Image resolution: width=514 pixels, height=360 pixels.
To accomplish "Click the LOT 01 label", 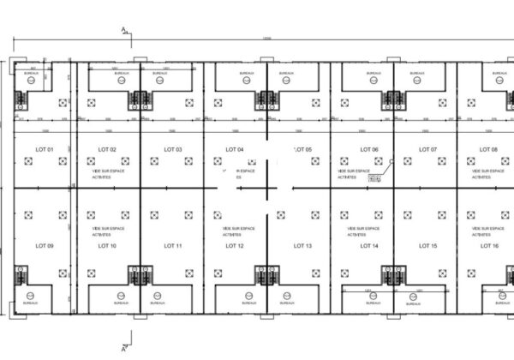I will (45, 150).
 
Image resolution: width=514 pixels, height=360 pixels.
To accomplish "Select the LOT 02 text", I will (107, 150).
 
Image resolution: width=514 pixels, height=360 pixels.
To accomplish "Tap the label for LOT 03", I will (172, 150).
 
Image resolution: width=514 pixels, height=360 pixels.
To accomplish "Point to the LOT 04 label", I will (234, 150).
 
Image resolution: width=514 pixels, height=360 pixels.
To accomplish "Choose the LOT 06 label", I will (369, 150).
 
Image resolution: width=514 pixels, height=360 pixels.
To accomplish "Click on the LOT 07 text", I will (428, 150).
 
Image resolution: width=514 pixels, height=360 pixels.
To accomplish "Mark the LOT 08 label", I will (489, 150).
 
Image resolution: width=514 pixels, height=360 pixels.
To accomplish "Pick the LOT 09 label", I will (45, 247).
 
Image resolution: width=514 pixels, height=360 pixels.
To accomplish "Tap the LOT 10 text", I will (107, 247).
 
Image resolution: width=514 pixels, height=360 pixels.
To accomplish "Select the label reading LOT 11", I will (172, 247).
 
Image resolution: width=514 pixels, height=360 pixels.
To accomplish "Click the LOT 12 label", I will (234, 247).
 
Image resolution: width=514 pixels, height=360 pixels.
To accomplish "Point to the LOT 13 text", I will (302, 247).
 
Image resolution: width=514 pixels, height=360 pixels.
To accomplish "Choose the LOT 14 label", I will (369, 247).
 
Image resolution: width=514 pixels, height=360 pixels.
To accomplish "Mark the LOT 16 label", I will (489, 247).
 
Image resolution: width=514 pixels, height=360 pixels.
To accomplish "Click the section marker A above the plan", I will (123, 31).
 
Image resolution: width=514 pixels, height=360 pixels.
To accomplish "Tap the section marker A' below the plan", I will (126, 348).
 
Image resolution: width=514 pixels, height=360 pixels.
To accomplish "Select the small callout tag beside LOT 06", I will (374, 178).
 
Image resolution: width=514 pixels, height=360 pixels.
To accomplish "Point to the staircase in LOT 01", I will (20, 97).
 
